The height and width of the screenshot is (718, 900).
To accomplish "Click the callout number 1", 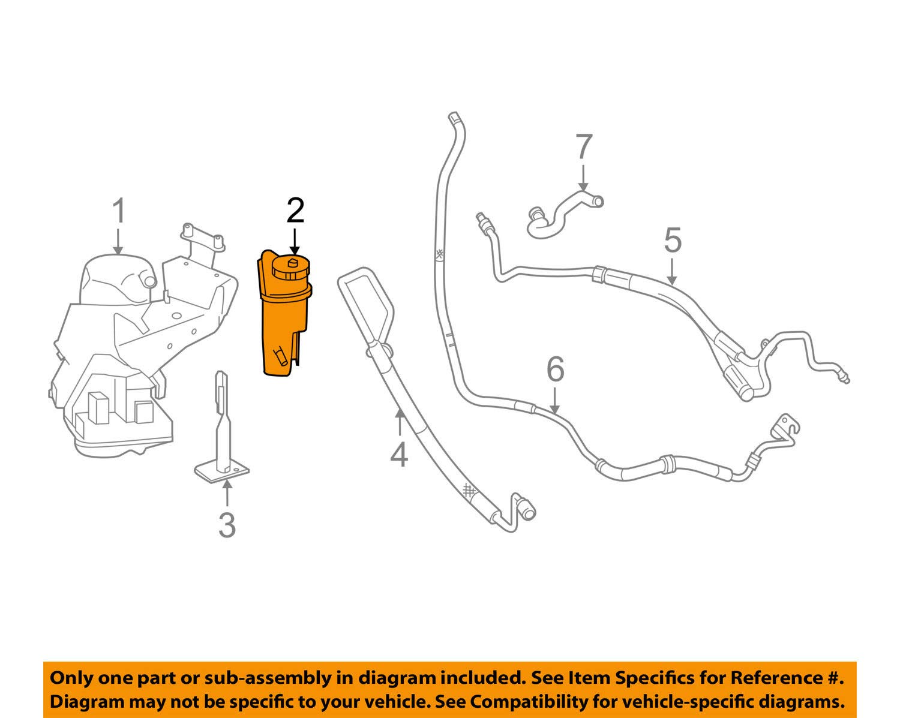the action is click(119, 211).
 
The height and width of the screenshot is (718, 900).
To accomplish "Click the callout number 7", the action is click(584, 146).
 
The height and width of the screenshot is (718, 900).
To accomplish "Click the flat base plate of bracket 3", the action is click(222, 471).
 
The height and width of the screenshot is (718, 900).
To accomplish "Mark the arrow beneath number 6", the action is click(554, 401).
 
